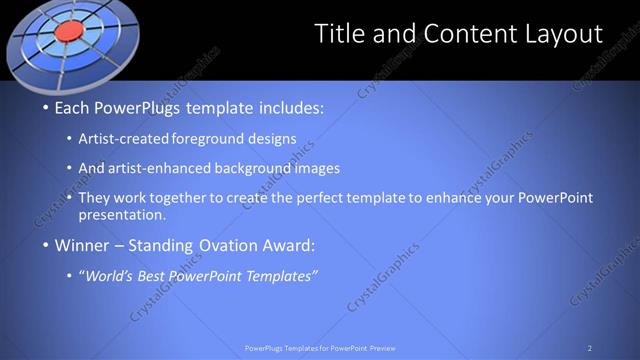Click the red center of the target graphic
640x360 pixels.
[67, 32]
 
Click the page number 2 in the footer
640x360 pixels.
[590, 348]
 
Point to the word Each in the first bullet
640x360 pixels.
[74, 107]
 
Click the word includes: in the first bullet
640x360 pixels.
[290, 107]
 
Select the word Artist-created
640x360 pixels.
[129, 139]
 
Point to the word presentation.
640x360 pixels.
[128, 214]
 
